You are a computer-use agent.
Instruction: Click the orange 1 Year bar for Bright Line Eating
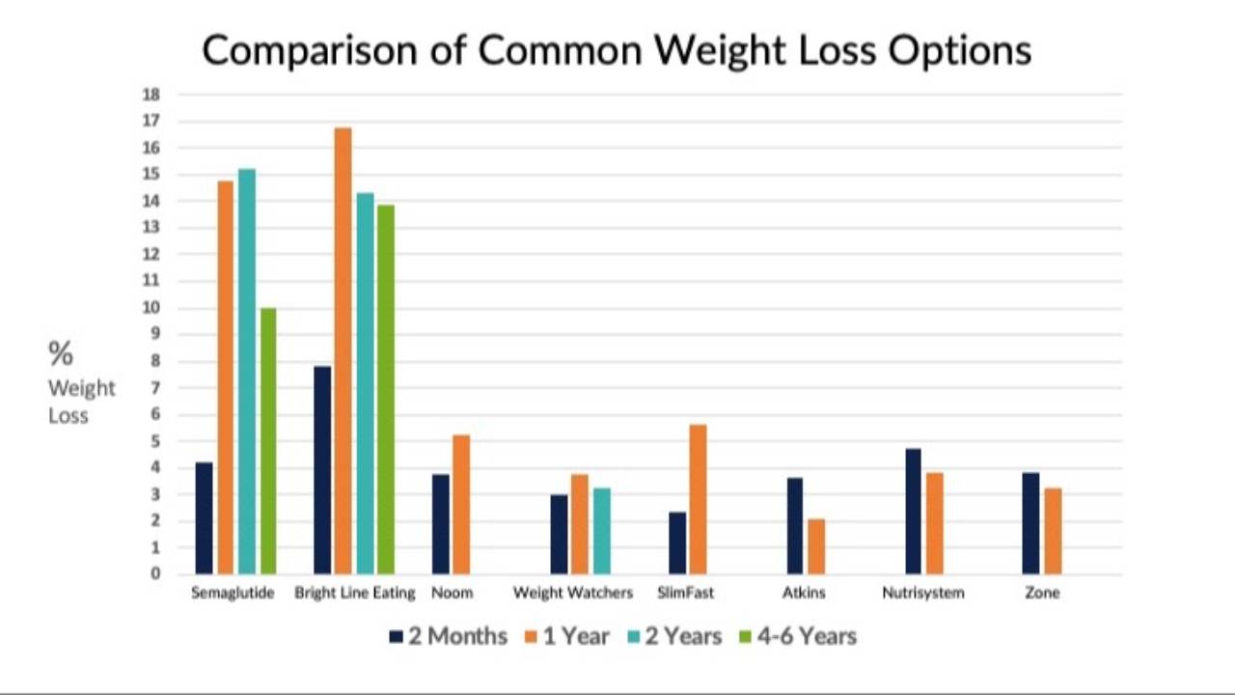(x=343, y=350)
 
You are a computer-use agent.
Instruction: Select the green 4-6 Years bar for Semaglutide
(x=268, y=441)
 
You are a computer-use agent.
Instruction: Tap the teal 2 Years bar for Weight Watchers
(x=602, y=531)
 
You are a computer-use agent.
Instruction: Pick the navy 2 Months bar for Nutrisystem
(x=913, y=512)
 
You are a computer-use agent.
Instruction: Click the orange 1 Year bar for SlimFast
(x=698, y=499)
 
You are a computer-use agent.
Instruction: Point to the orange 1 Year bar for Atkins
(x=816, y=546)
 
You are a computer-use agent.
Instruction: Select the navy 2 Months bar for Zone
(x=1031, y=523)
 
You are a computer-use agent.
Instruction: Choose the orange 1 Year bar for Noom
(x=461, y=505)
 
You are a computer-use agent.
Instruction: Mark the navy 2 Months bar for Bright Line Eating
(x=322, y=470)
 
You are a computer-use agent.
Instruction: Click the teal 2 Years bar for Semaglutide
(x=247, y=372)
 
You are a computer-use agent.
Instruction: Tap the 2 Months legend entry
(x=448, y=636)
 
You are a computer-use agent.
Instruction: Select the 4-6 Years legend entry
(x=798, y=636)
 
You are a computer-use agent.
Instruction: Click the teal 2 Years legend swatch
(x=634, y=637)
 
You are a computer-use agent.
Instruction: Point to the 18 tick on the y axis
(x=151, y=95)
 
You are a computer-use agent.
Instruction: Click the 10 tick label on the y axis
(x=151, y=308)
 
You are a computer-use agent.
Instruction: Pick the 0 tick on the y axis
(x=155, y=573)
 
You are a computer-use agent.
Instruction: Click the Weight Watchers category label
(x=573, y=593)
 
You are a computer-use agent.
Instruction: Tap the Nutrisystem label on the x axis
(x=923, y=593)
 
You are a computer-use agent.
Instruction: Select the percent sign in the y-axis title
(x=61, y=353)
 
